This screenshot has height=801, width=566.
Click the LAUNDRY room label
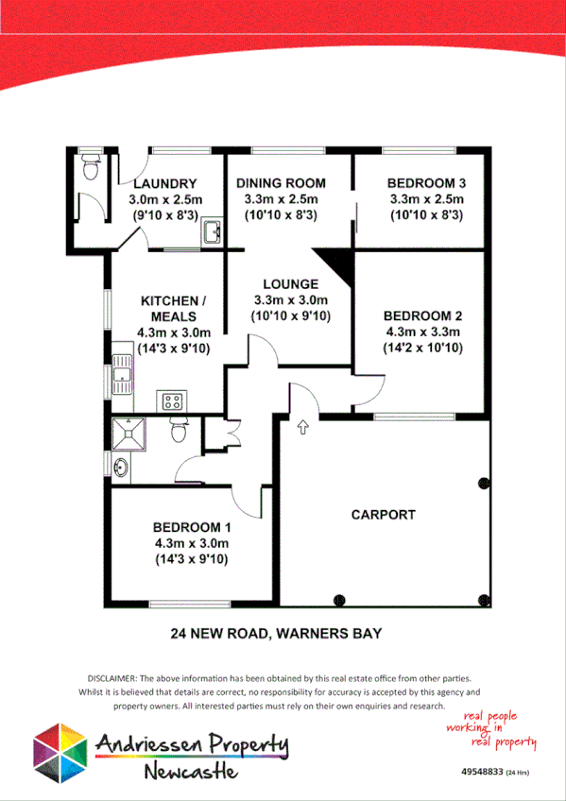click(164, 183)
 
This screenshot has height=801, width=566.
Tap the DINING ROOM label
click(281, 183)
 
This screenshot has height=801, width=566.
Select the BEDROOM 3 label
click(427, 183)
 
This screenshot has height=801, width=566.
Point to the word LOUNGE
click(290, 283)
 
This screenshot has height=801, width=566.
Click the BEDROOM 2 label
click(421, 315)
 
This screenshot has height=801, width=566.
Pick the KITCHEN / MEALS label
click(173, 308)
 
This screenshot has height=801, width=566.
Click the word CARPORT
click(383, 515)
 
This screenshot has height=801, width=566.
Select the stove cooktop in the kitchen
click(173, 400)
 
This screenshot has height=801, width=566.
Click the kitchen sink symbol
click(122, 375)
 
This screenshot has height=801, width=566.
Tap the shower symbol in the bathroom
click(128, 434)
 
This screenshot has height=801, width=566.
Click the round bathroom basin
click(121, 467)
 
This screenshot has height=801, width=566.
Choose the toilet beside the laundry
click(91, 169)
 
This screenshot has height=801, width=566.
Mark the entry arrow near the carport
click(302, 427)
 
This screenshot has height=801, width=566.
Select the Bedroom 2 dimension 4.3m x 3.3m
click(422, 332)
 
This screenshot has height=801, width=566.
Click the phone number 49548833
click(482, 772)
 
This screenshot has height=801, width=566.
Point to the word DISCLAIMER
click(111, 678)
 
